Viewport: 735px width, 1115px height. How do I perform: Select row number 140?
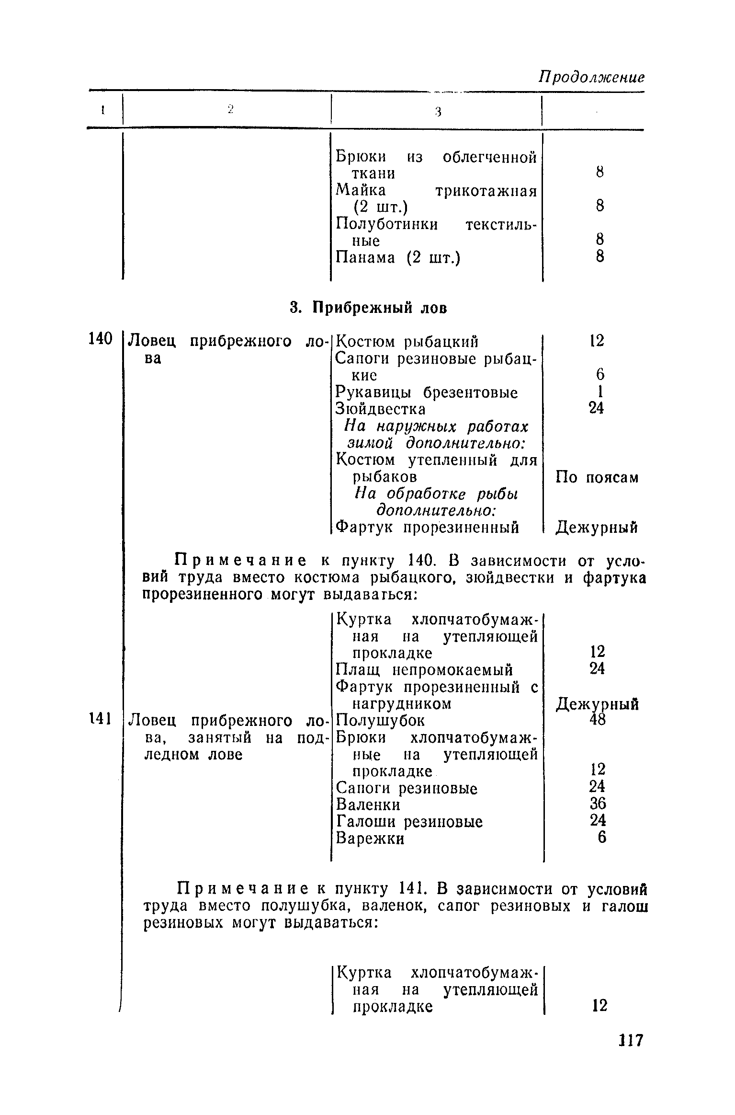pos(100,339)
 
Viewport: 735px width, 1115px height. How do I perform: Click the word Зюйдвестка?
pos(381,409)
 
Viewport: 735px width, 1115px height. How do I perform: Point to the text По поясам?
pos(597,477)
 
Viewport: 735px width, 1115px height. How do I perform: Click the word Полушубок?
pos(381,720)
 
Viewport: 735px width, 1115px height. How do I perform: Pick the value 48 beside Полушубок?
pos(598,720)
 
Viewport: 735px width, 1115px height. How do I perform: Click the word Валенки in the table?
pos(368,804)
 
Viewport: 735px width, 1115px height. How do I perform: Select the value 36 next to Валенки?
pos(598,804)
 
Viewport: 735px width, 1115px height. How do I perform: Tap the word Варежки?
pos(370,838)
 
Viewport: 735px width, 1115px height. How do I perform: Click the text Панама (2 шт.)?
pos(397,258)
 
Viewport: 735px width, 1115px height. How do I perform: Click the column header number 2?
pos(230,109)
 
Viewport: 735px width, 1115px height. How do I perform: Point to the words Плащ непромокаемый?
pos(424,669)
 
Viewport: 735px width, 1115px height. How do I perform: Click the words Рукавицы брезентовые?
pos(427,392)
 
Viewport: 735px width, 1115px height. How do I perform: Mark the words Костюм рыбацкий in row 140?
pos(407,342)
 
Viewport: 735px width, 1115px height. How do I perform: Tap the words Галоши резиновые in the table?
pos(409,821)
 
